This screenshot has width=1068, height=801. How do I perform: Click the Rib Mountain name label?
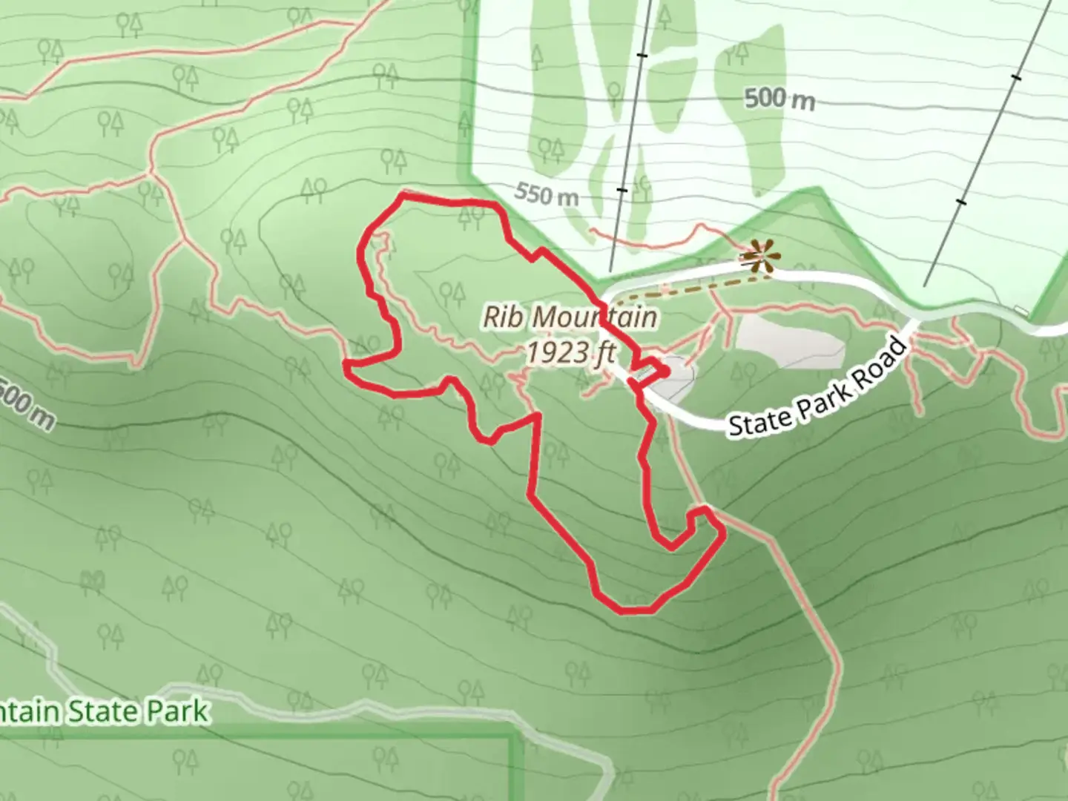tap(570, 317)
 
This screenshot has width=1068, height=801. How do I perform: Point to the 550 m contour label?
tap(547, 195)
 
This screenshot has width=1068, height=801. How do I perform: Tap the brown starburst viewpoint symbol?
tap(760, 257)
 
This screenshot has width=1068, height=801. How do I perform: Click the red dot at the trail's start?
tap(663, 370)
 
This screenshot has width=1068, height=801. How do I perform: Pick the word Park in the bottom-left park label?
tap(176, 712)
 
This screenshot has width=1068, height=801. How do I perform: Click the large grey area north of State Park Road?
tap(788, 342)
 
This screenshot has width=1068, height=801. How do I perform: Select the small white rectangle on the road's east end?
tap(1022, 310)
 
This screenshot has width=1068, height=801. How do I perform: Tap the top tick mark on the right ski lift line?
tap(1016, 76)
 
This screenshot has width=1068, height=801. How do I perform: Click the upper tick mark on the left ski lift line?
tap(645, 55)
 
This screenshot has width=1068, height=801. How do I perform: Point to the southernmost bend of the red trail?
tap(634, 610)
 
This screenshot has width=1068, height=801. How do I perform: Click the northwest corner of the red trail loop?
tap(403, 194)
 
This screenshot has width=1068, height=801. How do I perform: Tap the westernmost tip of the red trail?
tap(346, 363)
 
